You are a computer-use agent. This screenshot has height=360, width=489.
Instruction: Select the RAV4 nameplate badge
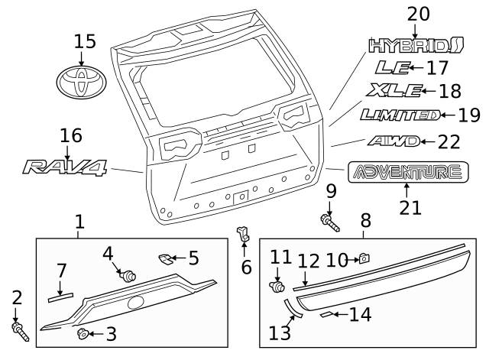click(66, 165)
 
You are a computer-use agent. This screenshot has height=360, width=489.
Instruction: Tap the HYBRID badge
click(416, 45)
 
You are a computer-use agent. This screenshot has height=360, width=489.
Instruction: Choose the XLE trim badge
click(395, 92)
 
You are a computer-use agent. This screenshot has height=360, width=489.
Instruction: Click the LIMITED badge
click(400, 115)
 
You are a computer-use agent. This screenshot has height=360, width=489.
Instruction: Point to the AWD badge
click(393, 141)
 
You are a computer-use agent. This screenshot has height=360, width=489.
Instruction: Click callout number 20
click(418, 14)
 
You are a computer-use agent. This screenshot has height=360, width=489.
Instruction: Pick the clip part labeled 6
click(244, 233)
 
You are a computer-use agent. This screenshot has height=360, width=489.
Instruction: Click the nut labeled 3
click(82, 332)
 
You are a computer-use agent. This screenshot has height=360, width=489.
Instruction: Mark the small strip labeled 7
click(63, 290)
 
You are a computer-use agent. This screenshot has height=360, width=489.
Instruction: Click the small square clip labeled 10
click(364, 259)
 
